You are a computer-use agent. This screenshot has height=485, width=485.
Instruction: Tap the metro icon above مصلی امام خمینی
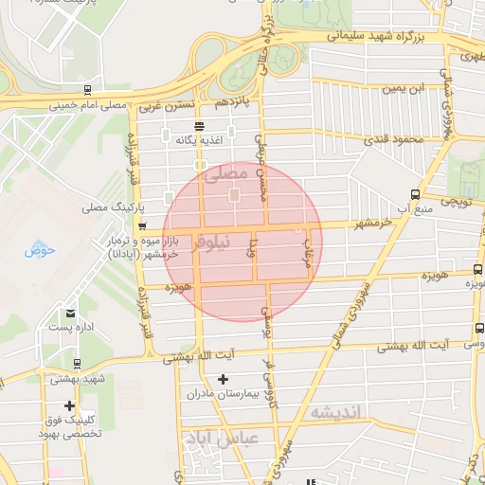point(88,91)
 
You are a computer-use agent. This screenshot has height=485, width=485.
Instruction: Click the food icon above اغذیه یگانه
point(198,126)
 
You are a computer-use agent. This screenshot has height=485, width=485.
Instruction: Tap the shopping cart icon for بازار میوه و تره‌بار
point(142,226)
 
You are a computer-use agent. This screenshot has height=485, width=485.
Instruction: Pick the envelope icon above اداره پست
point(70,313)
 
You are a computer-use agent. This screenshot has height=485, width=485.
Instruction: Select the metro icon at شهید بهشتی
point(76,363)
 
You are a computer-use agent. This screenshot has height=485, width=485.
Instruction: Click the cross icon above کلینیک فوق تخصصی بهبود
point(69,405)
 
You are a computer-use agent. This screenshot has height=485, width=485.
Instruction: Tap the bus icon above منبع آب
point(414,194)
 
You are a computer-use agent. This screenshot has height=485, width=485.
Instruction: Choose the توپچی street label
point(453,202)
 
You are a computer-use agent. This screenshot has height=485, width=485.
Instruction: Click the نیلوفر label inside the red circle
point(210,242)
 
